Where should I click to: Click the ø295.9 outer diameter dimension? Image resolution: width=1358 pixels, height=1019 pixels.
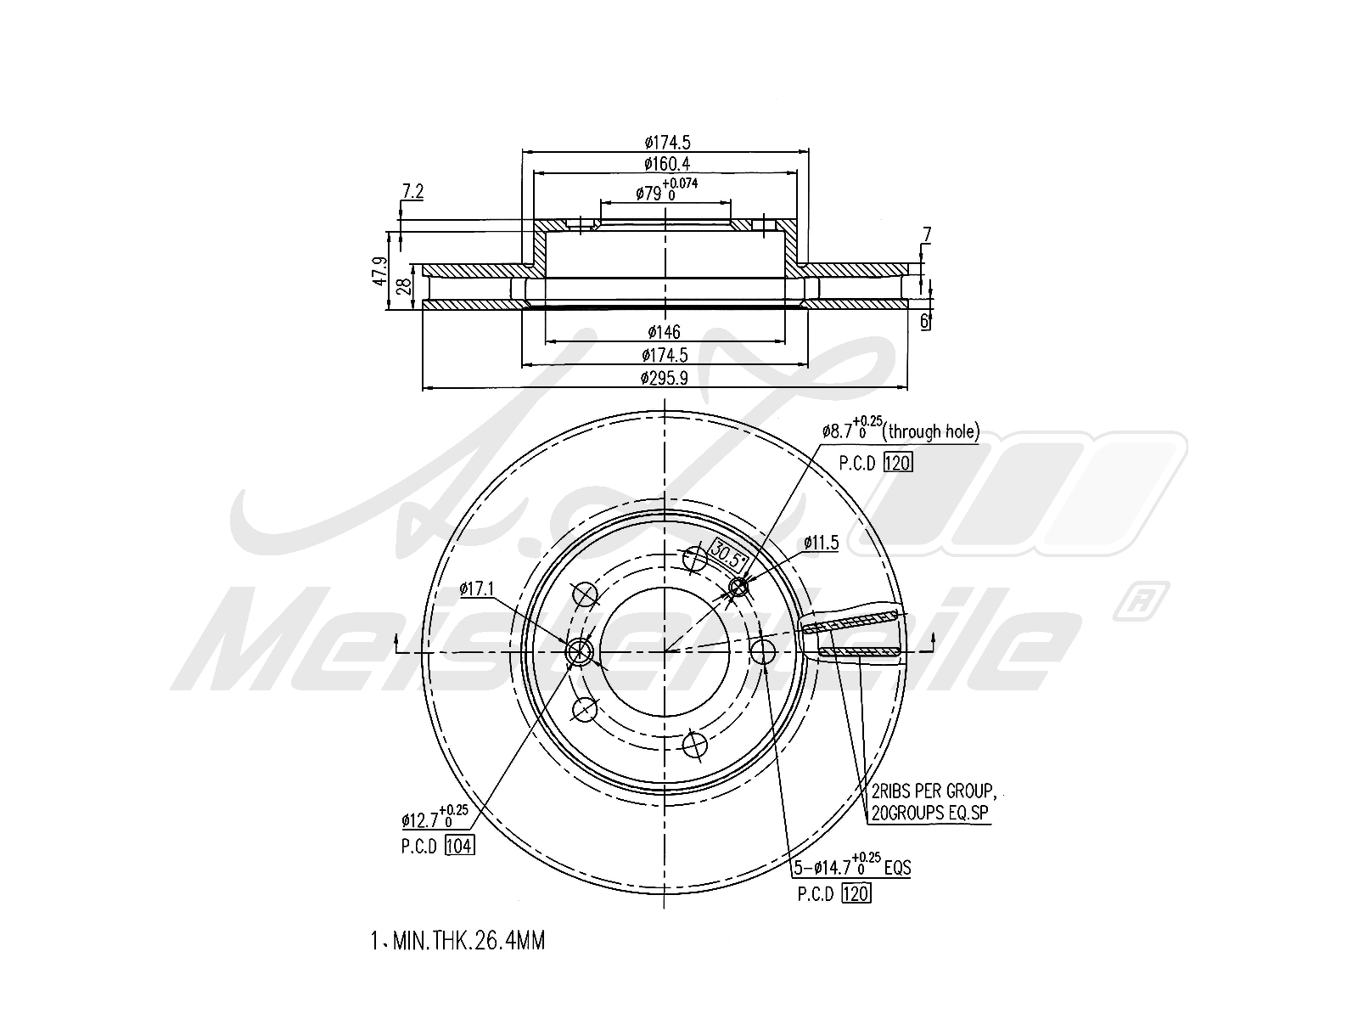tap(665, 379)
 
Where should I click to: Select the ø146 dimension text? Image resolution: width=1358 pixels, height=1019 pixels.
tap(665, 331)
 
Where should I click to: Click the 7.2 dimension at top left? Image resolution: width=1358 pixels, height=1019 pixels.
tap(412, 192)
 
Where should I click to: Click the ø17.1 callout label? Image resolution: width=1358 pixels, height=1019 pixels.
tap(477, 588)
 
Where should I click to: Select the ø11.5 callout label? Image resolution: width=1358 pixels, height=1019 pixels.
tap(821, 543)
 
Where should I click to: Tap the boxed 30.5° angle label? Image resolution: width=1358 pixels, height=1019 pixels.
tap(728, 553)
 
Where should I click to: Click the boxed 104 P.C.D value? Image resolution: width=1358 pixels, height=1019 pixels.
tap(459, 846)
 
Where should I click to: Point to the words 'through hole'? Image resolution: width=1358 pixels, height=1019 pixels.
tap(931, 432)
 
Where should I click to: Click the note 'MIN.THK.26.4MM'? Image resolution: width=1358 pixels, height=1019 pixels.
tap(468, 941)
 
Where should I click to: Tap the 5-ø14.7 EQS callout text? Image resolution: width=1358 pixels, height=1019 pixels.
tap(852, 866)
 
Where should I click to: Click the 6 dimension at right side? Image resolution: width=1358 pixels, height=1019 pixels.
tap(925, 320)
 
